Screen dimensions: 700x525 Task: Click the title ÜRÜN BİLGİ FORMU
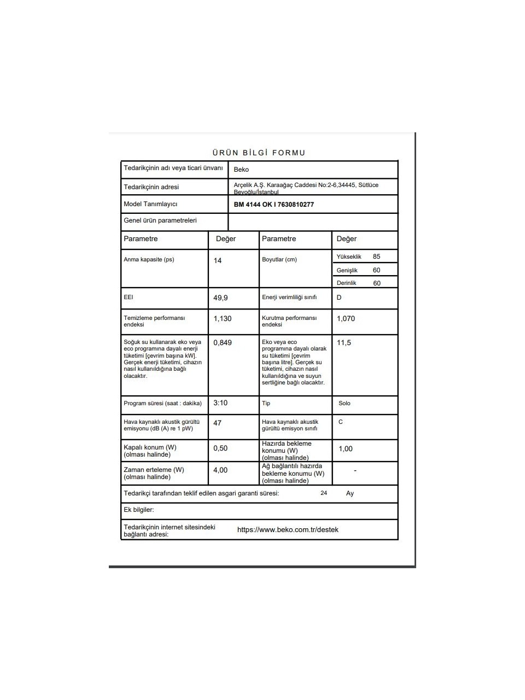pyautogui.click(x=259, y=153)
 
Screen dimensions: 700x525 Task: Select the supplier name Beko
pyautogui.click(x=241, y=170)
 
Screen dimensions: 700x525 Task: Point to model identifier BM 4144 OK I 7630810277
pyautogui.click(x=273, y=205)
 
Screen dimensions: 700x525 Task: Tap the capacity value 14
pyautogui.click(x=218, y=261)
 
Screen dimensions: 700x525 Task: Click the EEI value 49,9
pyautogui.click(x=220, y=298)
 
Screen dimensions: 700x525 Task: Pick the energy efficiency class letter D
pyautogui.click(x=339, y=297)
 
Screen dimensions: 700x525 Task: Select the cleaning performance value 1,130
pyautogui.click(x=223, y=319)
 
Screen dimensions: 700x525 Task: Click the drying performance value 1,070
pyautogui.click(x=346, y=319)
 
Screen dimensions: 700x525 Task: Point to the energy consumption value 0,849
pyautogui.click(x=223, y=343)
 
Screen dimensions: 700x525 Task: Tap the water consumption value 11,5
pyautogui.click(x=344, y=343)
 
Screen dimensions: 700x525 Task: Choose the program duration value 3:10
pyautogui.click(x=220, y=403)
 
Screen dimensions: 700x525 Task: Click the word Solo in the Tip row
pyautogui.click(x=345, y=404)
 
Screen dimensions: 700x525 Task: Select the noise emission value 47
pyautogui.click(x=218, y=423)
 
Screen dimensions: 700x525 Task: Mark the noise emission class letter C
pyautogui.click(x=341, y=422)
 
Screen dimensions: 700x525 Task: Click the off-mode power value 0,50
pyautogui.click(x=220, y=448)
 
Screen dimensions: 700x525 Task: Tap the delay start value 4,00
pyautogui.click(x=220, y=470)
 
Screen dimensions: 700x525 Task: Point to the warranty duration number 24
pyautogui.click(x=324, y=493)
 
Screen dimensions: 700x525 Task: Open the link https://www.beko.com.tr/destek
pyautogui.click(x=288, y=530)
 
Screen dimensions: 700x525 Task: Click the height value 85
pyautogui.click(x=376, y=256)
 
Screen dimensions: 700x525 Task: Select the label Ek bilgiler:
pyautogui.click(x=139, y=510)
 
